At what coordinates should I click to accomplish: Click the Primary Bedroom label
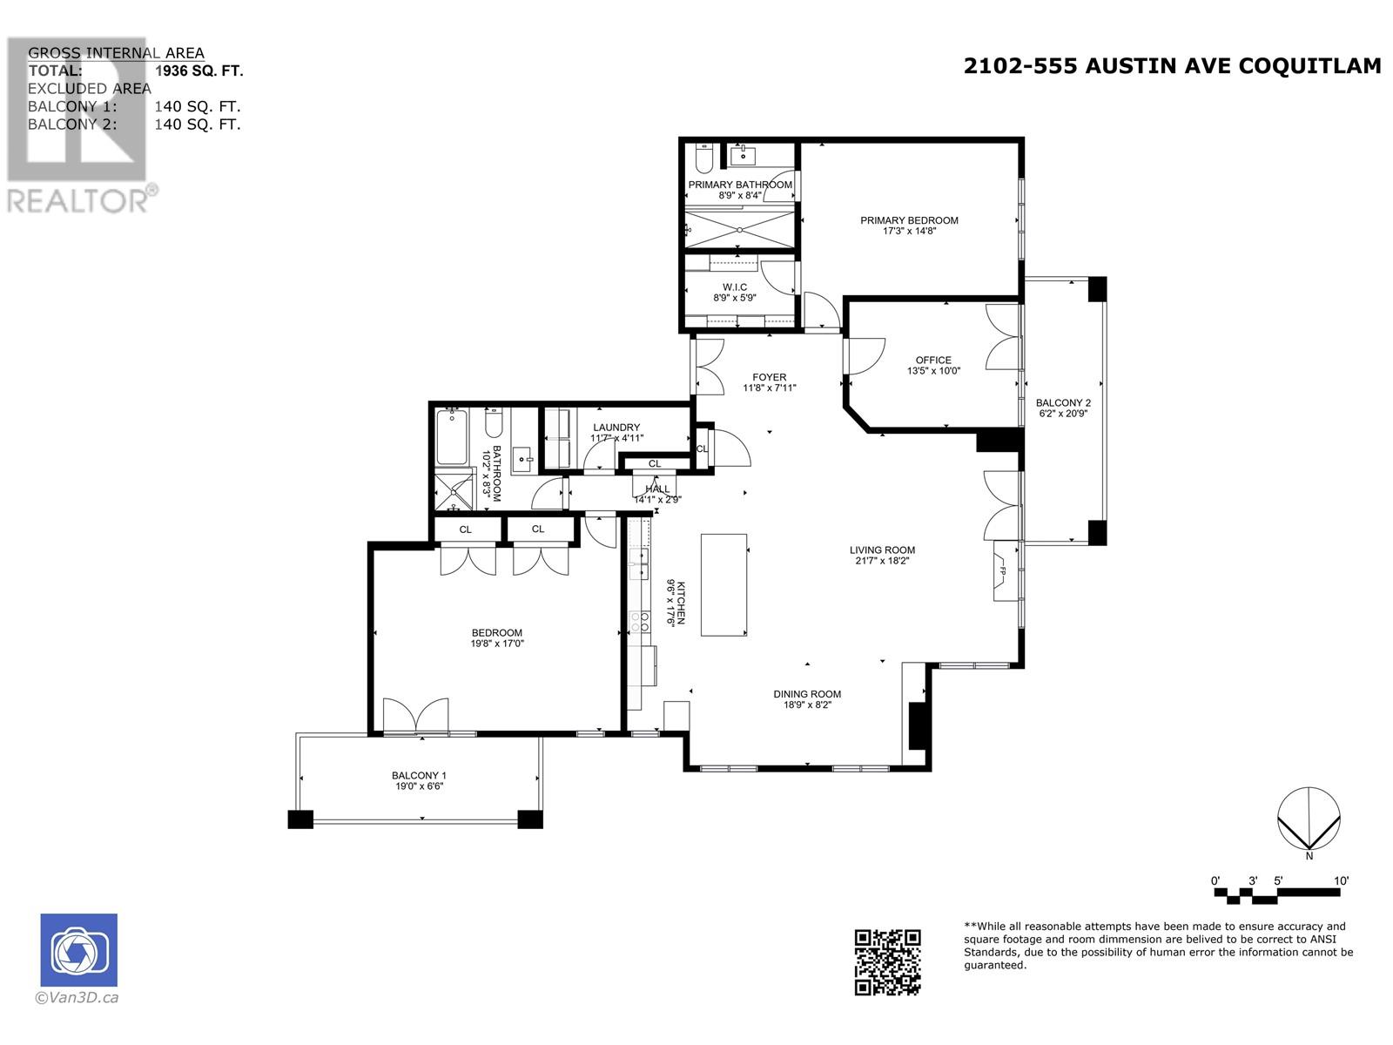(909, 220)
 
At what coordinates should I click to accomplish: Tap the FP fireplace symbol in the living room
(1004, 570)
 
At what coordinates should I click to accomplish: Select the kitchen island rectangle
(723, 584)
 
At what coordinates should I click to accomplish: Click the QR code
(887, 961)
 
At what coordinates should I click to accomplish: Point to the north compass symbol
(1309, 819)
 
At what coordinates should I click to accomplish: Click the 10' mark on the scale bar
(1341, 881)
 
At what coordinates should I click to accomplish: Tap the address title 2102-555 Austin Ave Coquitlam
(1172, 66)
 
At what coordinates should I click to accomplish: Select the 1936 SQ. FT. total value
(199, 71)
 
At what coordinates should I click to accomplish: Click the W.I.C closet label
(735, 287)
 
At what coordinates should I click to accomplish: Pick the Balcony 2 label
(1062, 403)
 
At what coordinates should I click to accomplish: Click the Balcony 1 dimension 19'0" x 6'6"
(419, 785)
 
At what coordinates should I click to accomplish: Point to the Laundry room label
(616, 427)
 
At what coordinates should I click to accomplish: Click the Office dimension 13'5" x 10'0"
(933, 371)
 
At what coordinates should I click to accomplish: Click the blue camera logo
(79, 950)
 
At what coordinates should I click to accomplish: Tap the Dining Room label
(807, 694)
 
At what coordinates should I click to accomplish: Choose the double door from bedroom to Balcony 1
(416, 717)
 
